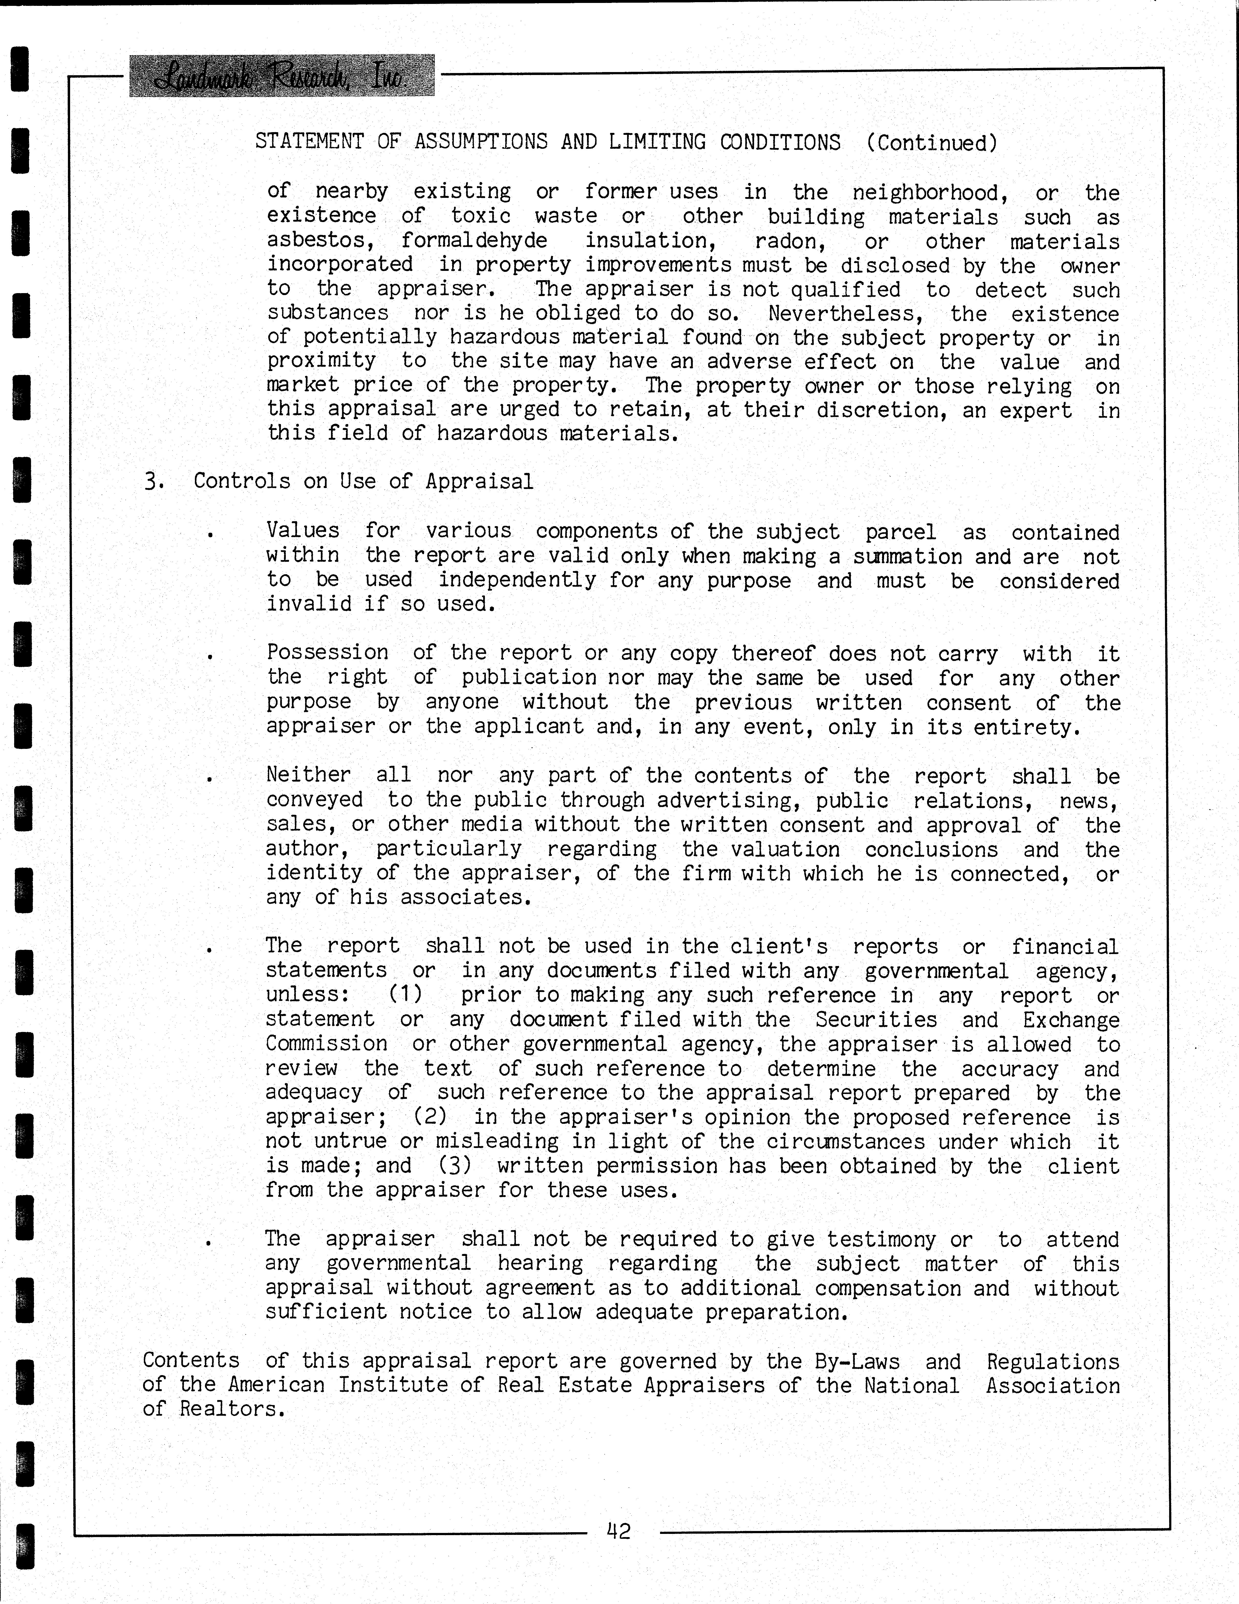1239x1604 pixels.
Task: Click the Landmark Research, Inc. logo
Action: tap(281, 76)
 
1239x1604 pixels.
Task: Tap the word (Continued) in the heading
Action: tap(931, 142)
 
